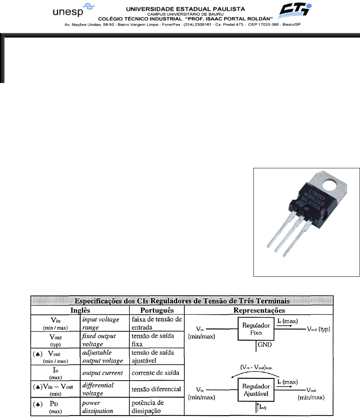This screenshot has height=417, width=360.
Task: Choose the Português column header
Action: [156, 310]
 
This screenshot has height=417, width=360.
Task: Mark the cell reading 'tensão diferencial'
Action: [156, 389]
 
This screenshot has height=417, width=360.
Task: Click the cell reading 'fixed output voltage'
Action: [98, 339]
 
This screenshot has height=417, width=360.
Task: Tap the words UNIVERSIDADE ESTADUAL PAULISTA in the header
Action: [180, 8]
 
